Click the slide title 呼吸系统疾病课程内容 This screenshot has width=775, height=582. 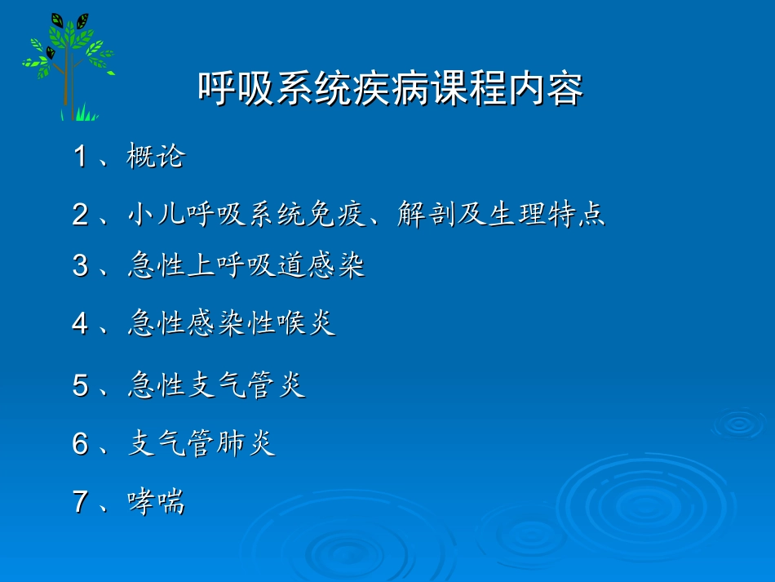click(x=390, y=89)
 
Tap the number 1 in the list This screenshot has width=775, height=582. click(x=80, y=157)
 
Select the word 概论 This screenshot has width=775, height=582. click(x=156, y=157)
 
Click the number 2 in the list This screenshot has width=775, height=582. click(x=80, y=215)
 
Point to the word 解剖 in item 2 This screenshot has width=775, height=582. click(x=427, y=215)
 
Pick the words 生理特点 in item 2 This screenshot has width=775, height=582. click(x=547, y=215)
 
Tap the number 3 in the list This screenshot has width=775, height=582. click(x=80, y=266)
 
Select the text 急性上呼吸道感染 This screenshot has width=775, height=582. click(x=246, y=266)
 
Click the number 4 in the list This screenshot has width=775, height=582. click(x=80, y=324)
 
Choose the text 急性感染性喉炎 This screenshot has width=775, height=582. click(x=232, y=324)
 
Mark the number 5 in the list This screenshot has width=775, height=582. click(x=80, y=385)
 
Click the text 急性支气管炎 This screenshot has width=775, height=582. click(x=216, y=385)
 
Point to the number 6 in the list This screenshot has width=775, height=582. click(x=80, y=444)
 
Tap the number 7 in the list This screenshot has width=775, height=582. click(x=80, y=502)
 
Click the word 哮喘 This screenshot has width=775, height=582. click(x=156, y=502)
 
